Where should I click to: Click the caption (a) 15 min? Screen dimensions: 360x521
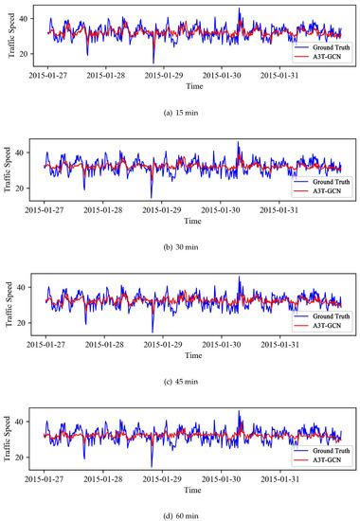coord(181,113)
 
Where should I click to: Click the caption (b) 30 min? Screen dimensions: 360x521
coord(181,247)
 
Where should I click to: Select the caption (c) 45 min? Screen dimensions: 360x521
coord(181,382)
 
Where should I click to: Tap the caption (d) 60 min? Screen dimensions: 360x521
coord(181,515)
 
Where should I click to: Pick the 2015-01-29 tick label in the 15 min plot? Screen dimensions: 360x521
coord(164,76)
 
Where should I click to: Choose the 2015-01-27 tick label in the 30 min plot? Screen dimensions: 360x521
coord(44,210)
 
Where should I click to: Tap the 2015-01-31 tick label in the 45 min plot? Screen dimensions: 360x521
coord(279,344)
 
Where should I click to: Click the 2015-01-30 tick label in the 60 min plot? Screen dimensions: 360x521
coord(221,479)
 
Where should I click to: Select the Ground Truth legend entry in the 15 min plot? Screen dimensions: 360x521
coord(322,47)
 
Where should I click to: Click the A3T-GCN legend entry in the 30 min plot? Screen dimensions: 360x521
coord(317,191)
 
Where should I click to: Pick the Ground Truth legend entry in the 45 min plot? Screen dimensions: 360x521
coord(322,316)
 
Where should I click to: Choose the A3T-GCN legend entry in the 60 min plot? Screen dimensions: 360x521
coord(317,459)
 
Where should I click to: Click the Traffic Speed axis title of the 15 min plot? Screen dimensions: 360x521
coord(11,35)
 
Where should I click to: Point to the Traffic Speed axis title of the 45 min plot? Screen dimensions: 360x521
coord(9,304)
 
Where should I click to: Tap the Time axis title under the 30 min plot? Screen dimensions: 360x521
coord(193,221)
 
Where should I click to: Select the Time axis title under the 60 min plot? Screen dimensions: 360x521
coord(193,490)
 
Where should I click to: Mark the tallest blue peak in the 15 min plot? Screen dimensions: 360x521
coord(239,8)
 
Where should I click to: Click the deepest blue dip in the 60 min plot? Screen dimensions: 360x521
coord(152,467)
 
